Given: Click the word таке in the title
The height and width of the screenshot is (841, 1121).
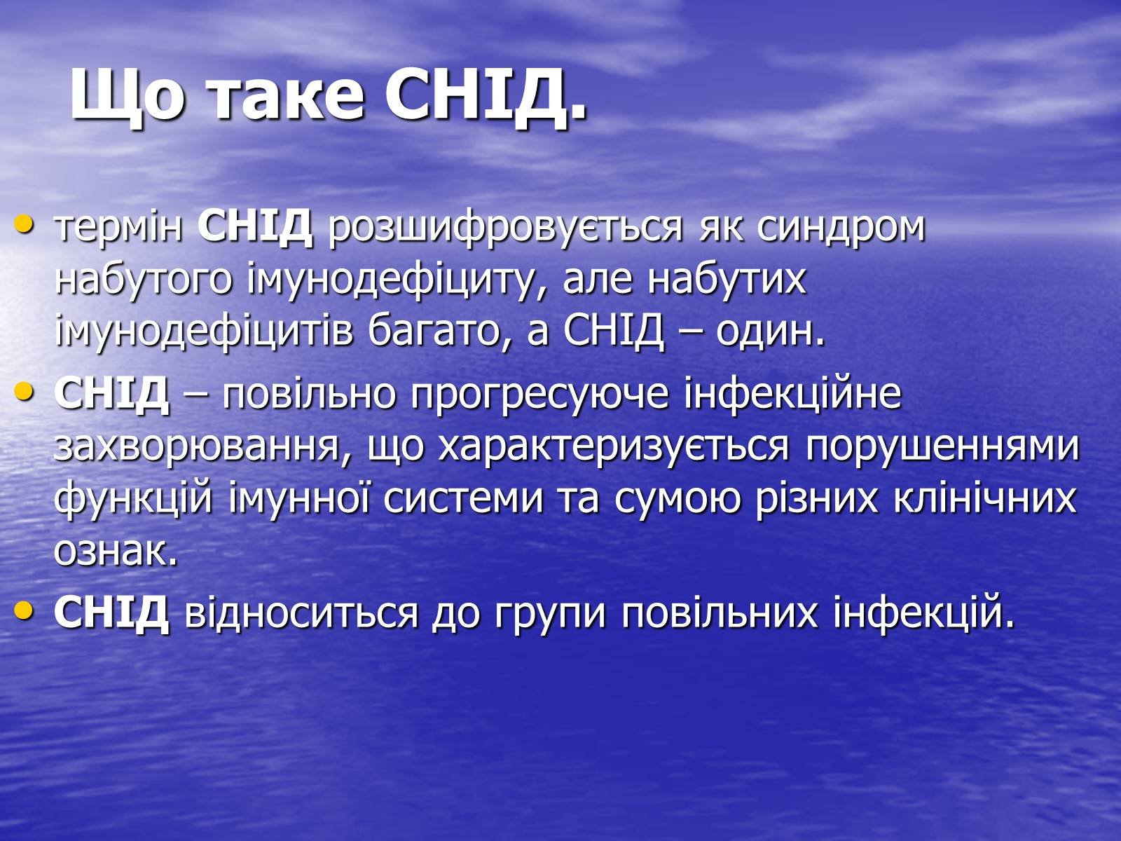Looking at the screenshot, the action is pos(286,97).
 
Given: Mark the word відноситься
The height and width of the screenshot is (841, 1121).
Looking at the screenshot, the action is pos(302,613).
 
